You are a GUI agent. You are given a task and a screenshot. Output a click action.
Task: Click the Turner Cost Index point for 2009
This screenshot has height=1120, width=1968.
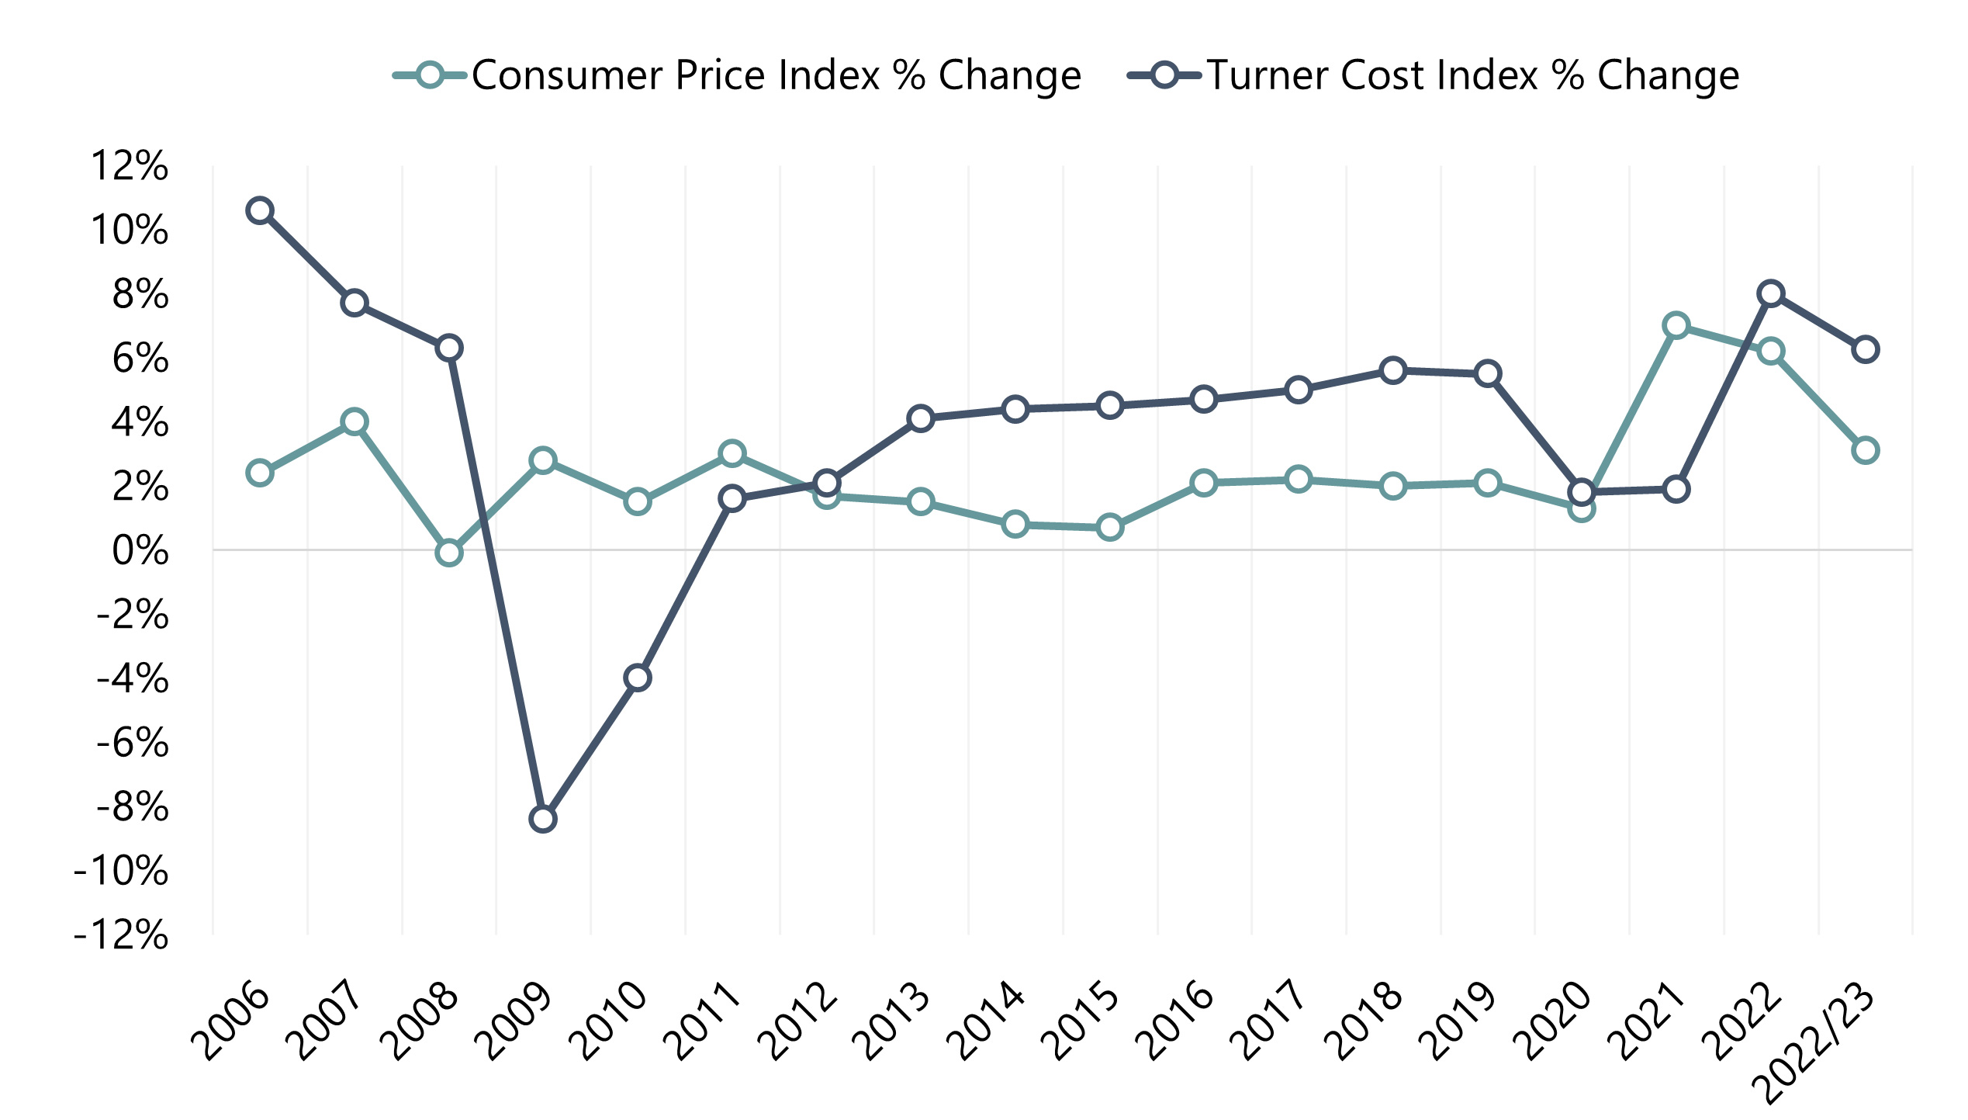[x=543, y=819]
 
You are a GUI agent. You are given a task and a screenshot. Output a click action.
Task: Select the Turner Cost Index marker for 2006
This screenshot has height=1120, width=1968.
[x=260, y=210]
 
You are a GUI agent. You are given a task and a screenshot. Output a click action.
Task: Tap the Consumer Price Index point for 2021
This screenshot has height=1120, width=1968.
[x=1676, y=325]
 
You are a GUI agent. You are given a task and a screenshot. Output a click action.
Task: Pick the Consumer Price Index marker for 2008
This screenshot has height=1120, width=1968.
[x=449, y=553]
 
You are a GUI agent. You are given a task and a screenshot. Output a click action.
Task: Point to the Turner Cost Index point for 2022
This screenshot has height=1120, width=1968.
[x=1771, y=293]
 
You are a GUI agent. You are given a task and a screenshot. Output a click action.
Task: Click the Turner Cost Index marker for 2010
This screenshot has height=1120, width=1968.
[x=638, y=678]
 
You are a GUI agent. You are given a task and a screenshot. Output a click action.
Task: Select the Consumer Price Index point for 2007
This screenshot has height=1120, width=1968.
[x=355, y=422]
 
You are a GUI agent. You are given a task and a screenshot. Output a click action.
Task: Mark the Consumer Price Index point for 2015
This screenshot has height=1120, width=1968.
[x=1110, y=528]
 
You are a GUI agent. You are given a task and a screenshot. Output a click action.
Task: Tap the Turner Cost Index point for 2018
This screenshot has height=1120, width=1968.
[x=1393, y=370]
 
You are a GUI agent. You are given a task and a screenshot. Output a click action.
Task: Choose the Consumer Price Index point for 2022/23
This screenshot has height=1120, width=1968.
[x=1866, y=450]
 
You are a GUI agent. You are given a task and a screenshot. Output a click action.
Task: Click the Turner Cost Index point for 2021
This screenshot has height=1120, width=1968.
[x=1676, y=489]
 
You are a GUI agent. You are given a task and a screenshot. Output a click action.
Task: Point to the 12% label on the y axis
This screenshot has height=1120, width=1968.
[x=130, y=166]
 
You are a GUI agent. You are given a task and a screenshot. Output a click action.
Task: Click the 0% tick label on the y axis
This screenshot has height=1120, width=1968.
[x=140, y=551]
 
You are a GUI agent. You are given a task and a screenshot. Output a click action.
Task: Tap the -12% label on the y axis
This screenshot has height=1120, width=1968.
[x=121, y=934]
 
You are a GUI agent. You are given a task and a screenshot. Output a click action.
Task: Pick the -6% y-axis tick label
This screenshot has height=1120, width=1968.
[x=132, y=743]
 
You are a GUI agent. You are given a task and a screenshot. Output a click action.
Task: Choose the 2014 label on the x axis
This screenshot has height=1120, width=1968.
[x=991, y=1023]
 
